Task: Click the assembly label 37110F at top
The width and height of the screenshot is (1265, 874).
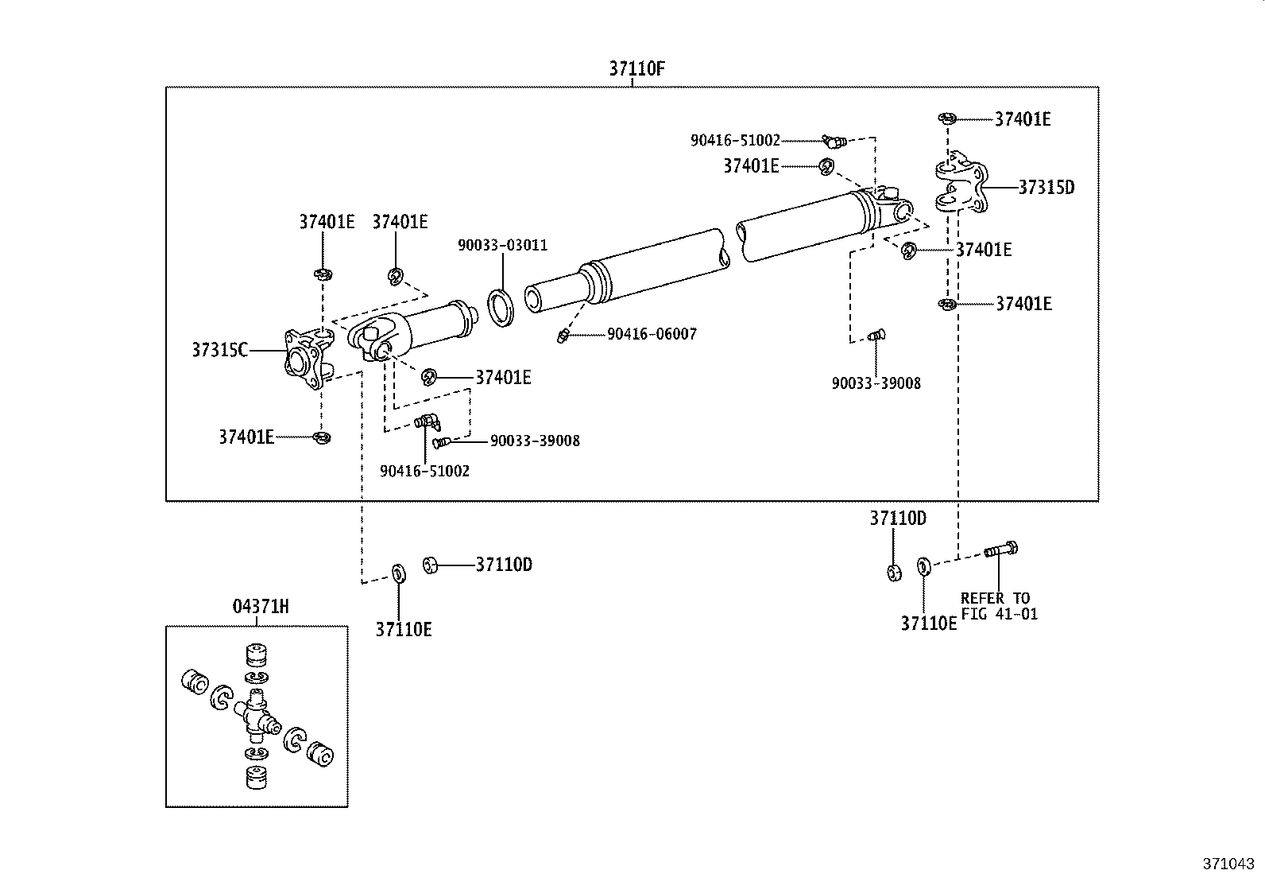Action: pos(636,68)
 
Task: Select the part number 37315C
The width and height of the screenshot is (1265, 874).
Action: pos(219,350)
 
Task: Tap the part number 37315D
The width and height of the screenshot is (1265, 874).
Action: pos(1046,188)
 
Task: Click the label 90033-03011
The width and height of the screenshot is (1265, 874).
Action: pos(502,245)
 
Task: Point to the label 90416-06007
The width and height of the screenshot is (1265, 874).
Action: pos(652,334)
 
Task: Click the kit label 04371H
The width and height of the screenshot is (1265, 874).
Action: pos(261,607)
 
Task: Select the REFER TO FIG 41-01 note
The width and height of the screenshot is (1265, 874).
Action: pos(998,606)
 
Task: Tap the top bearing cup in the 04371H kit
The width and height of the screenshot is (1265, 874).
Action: pos(255,655)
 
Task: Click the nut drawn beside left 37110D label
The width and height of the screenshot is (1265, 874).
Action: pos(430,565)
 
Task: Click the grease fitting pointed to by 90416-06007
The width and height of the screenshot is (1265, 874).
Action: pos(562,336)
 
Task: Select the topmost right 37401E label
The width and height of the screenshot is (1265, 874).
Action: pos(1023,119)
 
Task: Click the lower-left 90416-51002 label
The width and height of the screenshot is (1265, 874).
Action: pos(424,471)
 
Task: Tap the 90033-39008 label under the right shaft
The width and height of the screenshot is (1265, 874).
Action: pos(876,383)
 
